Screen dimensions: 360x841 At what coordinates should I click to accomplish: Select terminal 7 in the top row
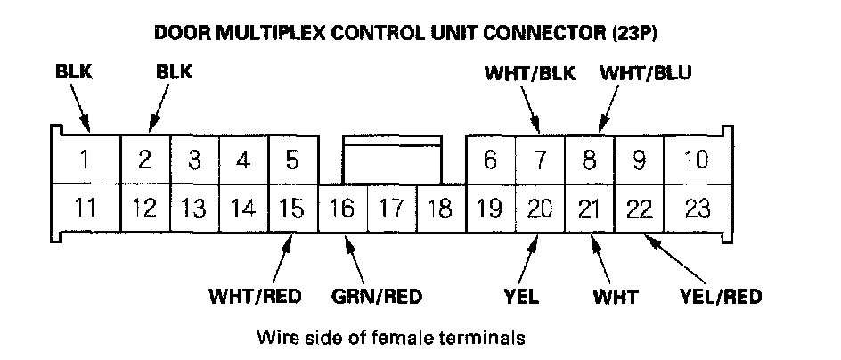pyautogui.click(x=539, y=160)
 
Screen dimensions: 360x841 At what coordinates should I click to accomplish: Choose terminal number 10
pyautogui.click(x=697, y=160)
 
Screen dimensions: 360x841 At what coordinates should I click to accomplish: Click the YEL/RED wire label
pyautogui.click(x=720, y=297)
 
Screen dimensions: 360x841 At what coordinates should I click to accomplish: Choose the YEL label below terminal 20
pyautogui.click(x=521, y=297)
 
